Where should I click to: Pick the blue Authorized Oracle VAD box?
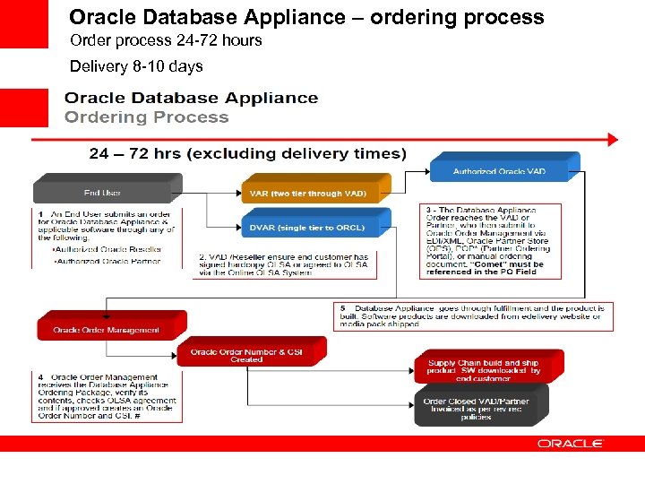point(498,169)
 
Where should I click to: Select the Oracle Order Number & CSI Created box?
point(246,355)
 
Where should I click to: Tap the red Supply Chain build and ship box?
point(483,368)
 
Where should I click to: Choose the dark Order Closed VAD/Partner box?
point(476,409)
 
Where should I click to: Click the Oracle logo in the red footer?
point(571,444)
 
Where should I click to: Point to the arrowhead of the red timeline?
point(613,140)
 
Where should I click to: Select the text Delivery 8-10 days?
point(136,66)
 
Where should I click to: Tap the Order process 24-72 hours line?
point(166,40)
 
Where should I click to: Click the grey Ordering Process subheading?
point(146,117)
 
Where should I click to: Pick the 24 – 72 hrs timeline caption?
point(247,154)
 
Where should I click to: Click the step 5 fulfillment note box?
point(471,315)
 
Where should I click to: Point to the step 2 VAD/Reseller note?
point(283,264)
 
